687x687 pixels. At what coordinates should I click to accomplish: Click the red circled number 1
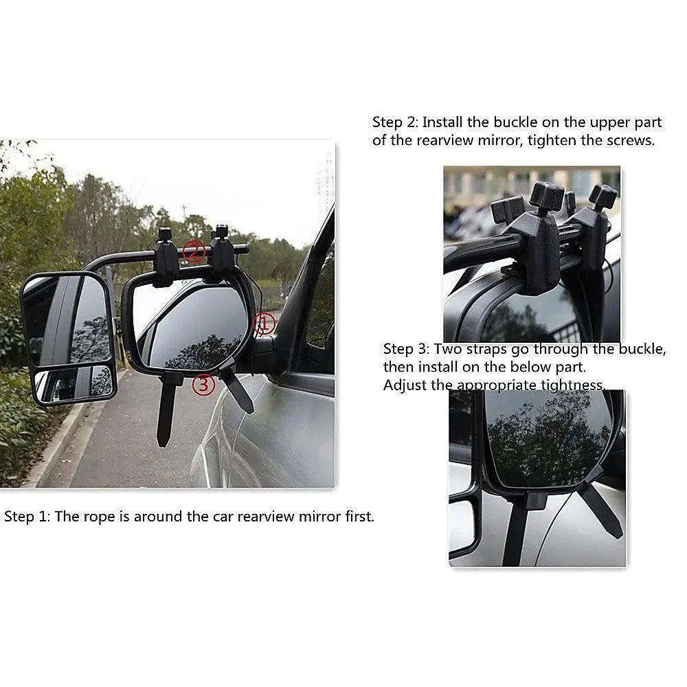click(x=264, y=323)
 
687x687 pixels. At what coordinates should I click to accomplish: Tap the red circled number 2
click(x=194, y=251)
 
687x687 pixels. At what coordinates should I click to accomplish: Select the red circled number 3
click(x=203, y=385)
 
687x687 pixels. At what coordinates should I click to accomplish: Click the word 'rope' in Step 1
click(x=98, y=517)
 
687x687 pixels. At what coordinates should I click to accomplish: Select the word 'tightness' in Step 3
click(x=572, y=385)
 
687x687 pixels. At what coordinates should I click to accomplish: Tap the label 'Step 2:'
click(x=395, y=122)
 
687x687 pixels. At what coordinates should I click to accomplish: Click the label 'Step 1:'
click(x=27, y=517)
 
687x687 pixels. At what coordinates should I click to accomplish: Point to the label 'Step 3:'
click(x=406, y=349)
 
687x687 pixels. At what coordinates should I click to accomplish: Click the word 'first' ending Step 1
click(x=359, y=517)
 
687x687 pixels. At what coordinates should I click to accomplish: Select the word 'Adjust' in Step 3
click(x=405, y=385)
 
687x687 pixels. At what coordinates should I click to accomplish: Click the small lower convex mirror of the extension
click(x=74, y=383)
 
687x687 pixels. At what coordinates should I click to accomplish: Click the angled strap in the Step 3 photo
click(x=603, y=513)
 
